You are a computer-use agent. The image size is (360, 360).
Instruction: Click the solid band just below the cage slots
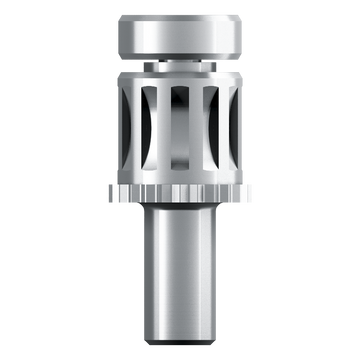180,176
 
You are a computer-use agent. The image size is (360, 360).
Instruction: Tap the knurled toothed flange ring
180,192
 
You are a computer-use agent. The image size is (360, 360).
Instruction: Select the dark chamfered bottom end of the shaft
180,335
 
